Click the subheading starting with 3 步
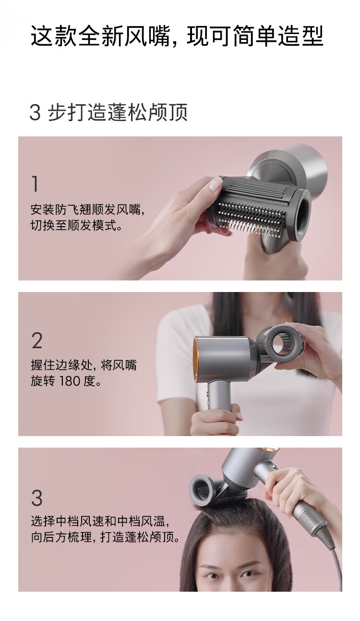(x=108, y=112)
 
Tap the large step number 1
(x=35, y=183)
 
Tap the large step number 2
(x=37, y=341)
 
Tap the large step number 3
(x=37, y=498)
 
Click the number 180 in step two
(x=72, y=381)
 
